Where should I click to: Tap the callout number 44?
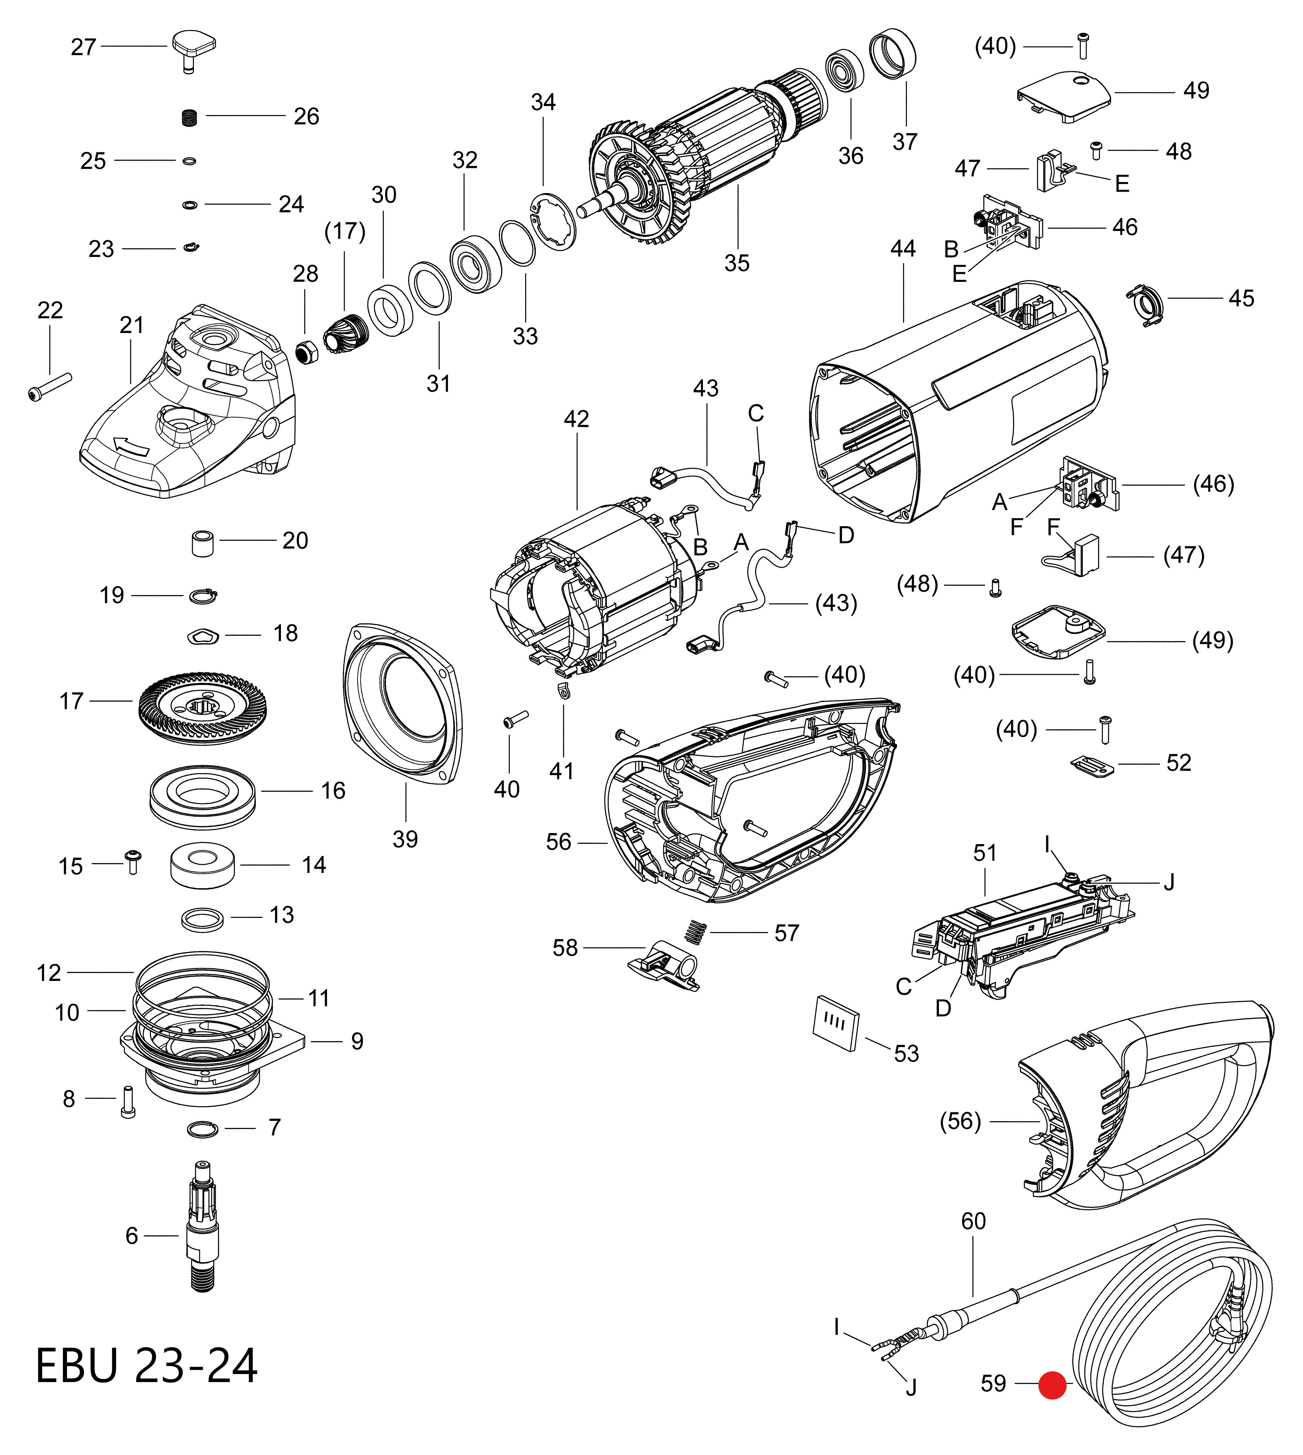tap(903, 248)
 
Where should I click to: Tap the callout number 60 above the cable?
tap(973, 1221)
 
